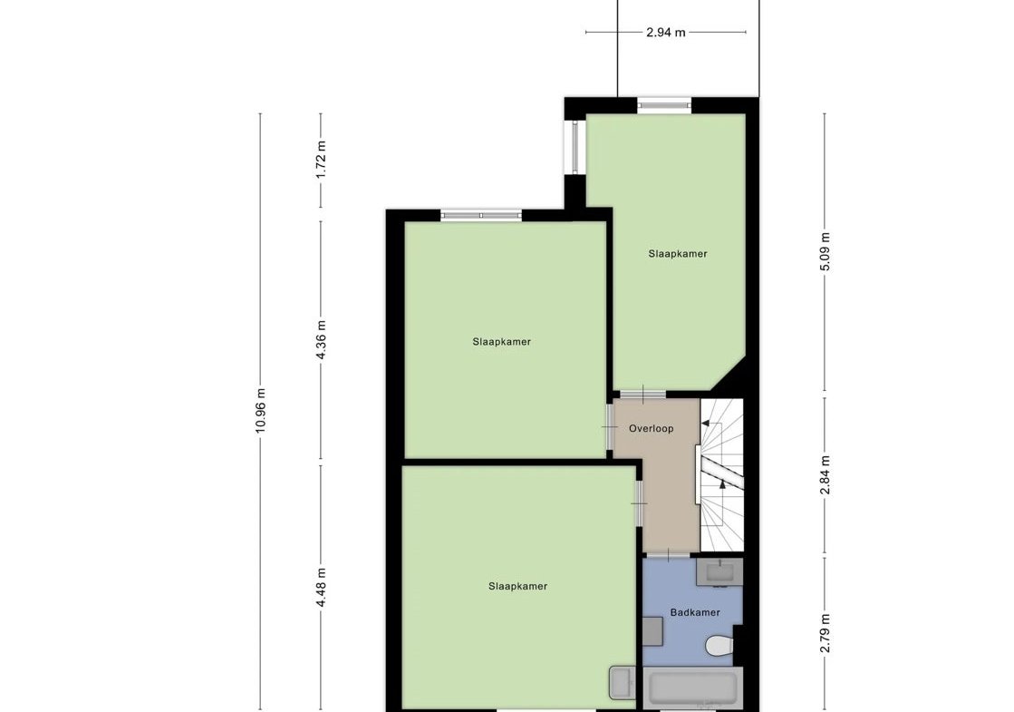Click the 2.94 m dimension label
click(665, 33)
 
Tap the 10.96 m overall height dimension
click(260, 410)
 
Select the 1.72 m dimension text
click(321, 160)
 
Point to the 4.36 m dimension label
click(321, 340)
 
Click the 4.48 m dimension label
click(321, 587)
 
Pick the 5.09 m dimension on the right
click(825, 252)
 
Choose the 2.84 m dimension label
click(825, 475)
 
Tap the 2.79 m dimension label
click(825, 634)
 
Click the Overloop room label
click(652, 428)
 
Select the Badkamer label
click(695, 612)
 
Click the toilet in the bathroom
click(719, 645)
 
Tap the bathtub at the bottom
click(692, 688)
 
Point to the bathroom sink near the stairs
click(719, 572)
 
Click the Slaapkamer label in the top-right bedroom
click(678, 254)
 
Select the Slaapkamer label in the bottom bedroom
click(518, 587)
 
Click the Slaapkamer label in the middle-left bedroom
click(502, 342)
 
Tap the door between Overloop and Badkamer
click(667, 555)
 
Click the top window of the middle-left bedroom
click(481, 215)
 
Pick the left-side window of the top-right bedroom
click(575, 147)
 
